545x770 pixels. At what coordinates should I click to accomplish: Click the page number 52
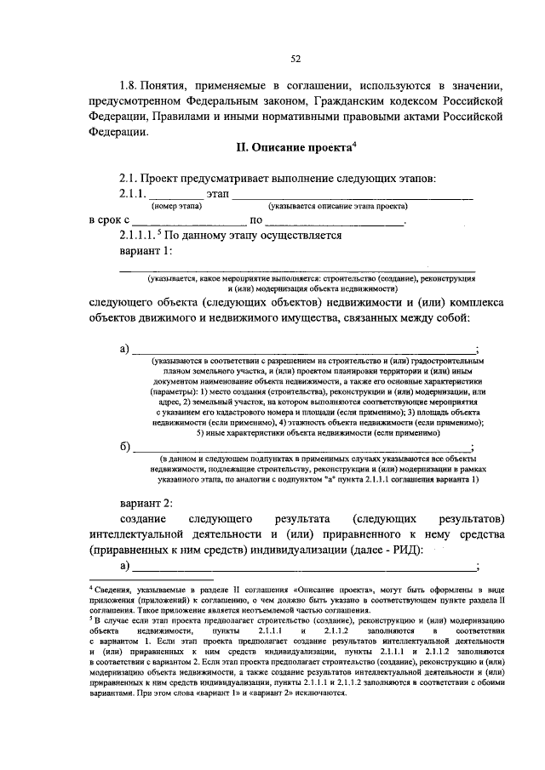coord(295,58)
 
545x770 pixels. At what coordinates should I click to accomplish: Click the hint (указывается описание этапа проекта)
coord(337,206)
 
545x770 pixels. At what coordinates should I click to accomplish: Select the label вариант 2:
coord(146,501)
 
